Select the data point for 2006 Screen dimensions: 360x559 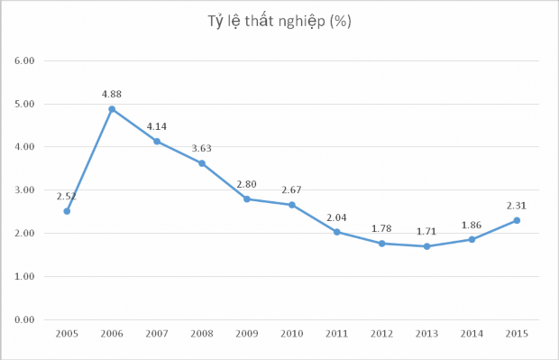tap(112, 109)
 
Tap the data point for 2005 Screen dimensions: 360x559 tap(67, 211)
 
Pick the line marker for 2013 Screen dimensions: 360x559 tap(426, 246)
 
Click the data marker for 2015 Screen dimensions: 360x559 tap(517, 220)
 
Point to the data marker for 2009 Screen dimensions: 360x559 tap(247, 198)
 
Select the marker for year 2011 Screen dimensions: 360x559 tap(337, 232)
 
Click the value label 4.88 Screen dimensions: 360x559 tap(112, 94)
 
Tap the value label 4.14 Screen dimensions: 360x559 tap(157, 125)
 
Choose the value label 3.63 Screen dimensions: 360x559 tap(202, 148)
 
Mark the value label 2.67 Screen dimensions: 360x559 tap(292, 189)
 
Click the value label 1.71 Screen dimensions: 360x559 tap(426, 231)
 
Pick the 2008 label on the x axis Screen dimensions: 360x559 tap(202, 334)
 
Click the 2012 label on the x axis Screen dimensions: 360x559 tap(381, 334)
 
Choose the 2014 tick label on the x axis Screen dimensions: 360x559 tap(472, 334)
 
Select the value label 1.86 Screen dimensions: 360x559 tap(472, 224)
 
